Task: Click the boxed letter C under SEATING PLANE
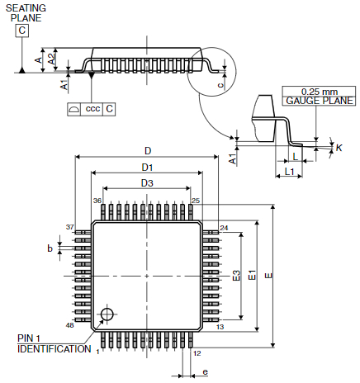(22, 31)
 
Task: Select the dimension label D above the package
(147, 150)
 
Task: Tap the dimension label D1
(147, 168)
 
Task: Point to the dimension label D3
(147, 182)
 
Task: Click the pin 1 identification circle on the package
(106, 314)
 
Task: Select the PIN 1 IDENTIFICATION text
(54, 343)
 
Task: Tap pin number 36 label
(97, 201)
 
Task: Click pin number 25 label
(196, 201)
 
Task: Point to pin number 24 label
(224, 228)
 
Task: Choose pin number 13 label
(220, 327)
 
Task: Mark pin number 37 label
(69, 227)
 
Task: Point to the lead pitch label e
(204, 372)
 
